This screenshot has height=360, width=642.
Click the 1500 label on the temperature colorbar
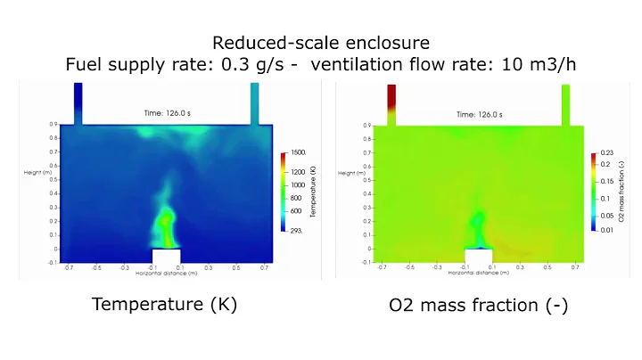click(x=299, y=153)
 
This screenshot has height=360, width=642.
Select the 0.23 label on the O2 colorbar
click(x=608, y=154)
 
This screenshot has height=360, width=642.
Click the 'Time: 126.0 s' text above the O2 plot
click(x=477, y=114)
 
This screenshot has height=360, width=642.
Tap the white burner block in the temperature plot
click(x=166, y=257)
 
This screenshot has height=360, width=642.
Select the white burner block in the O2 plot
click(x=477, y=257)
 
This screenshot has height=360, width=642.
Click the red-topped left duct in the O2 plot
click(x=391, y=103)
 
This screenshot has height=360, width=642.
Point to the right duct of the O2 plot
click(x=565, y=103)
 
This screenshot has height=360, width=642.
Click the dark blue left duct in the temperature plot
click(x=78, y=103)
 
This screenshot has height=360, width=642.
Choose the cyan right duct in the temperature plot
click(x=254, y=103)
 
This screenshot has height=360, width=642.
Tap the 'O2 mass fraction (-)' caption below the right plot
click(x=478, y=305)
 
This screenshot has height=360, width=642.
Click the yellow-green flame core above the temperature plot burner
click(x=166, y=220)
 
